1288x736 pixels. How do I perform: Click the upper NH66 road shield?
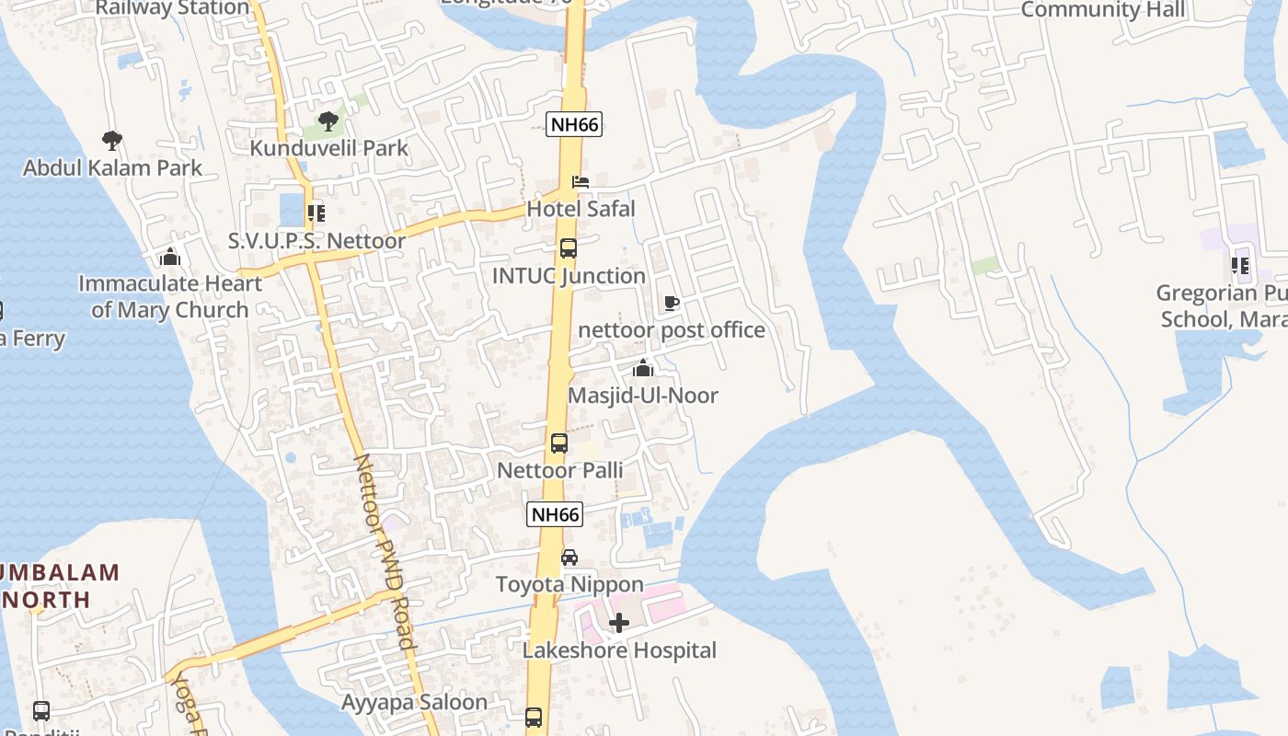(574, 124)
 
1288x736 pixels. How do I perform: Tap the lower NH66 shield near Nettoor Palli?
(556, 514)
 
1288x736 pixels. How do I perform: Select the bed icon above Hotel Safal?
(581, 182)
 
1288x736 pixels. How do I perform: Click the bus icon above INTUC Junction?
(569, 248)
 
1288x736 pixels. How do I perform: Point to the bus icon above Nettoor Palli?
(559, 443)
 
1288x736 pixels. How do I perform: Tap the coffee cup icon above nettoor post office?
(672, 303)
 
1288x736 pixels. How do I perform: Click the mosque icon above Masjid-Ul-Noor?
(643, 369)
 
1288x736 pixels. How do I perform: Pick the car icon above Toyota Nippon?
(569, 558)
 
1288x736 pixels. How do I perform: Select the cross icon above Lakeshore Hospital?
(619, 624)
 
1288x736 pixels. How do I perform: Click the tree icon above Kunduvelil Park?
(328, 121)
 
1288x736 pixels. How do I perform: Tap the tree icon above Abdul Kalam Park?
(112, 141)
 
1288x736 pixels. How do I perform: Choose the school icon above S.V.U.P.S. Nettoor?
(316, 214)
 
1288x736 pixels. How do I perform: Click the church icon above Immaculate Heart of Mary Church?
(170, 257)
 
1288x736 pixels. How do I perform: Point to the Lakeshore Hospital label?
(619, 650)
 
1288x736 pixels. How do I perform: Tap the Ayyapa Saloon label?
(415, 703)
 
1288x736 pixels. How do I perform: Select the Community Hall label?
(1103, 10)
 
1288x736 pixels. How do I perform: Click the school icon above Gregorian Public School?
(1240, 267)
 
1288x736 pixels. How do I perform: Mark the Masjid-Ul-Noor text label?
(643, 396)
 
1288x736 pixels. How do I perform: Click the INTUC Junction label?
(569, 276)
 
